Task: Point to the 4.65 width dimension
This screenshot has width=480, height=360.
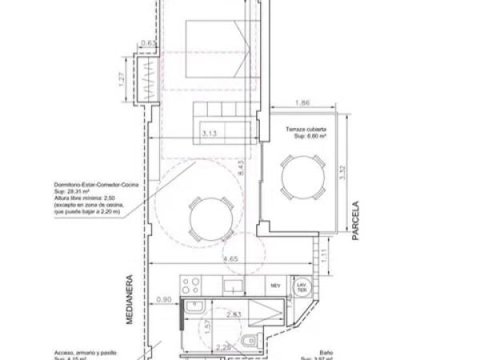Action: coord(230,258)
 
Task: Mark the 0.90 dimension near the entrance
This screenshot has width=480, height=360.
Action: coord(163,299)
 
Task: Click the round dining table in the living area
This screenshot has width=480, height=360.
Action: coord(212,216)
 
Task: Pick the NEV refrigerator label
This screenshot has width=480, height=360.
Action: coord(275,285)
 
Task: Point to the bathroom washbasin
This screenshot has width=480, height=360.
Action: coord(194,311)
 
